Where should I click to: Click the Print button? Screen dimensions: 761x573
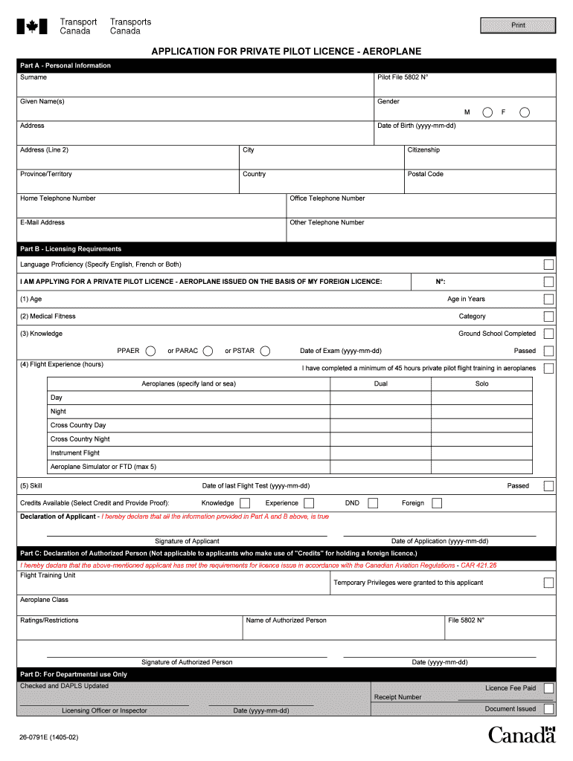pos(518,25)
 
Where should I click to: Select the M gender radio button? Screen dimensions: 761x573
pos(487,112)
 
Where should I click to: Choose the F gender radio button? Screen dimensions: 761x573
pos(525,112)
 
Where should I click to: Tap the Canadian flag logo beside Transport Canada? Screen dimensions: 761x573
pos(32,27)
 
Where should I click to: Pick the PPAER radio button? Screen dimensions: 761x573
pos(150,351)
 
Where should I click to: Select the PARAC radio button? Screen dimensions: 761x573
pos(208,351)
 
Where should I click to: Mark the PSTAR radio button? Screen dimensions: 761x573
pos(265,351)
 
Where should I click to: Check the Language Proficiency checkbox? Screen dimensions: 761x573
pos(548,265)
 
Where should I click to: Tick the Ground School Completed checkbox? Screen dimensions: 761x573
pos(548,334)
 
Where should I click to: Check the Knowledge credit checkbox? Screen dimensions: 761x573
pos(245,503)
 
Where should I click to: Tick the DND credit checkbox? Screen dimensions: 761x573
pos(373,503)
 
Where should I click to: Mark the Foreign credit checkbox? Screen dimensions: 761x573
pos(437,503)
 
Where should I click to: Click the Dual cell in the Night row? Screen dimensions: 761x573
pos(380,412)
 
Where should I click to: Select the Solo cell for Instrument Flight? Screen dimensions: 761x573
pos(481,453)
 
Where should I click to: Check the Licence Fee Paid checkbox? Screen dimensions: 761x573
pos(548,688)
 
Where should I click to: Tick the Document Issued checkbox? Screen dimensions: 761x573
pos(548,709)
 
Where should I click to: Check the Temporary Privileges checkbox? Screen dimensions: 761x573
pos(548,583)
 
